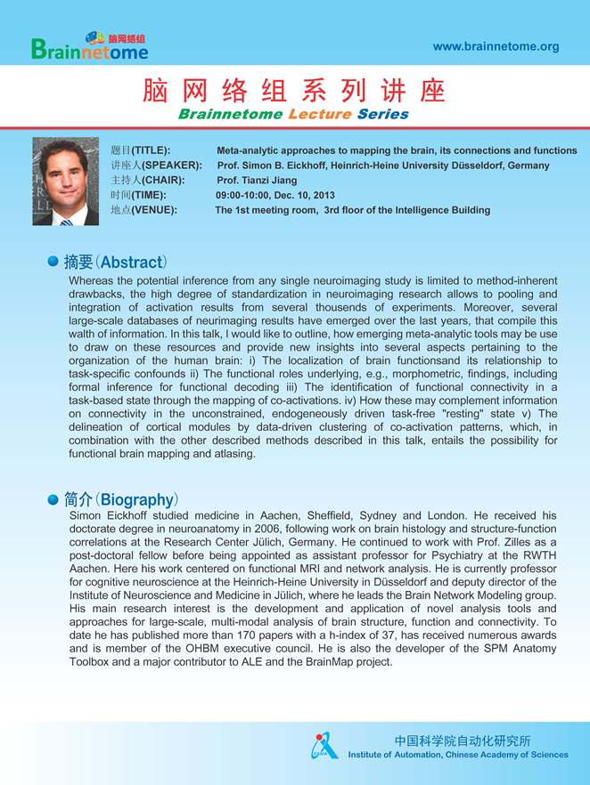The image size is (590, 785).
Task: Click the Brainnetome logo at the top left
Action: coord(89,46)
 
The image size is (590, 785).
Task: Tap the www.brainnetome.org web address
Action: coord(496,46)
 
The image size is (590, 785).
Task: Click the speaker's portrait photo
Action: coord(65,182)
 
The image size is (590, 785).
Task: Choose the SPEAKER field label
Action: coord(155,166)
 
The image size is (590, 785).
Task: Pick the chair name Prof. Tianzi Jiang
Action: coord(258,180)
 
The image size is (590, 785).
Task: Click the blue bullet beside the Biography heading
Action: coord(53,498)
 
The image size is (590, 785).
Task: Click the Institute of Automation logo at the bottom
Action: coord(324,746)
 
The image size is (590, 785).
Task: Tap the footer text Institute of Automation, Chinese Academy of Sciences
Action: coord(457,755)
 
